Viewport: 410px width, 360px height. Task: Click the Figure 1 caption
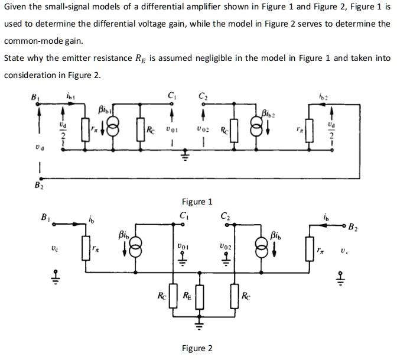point(198,202)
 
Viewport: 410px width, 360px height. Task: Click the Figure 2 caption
point(198,348)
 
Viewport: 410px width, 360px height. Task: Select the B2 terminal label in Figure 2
point(353,226)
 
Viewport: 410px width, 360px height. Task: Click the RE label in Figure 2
point(187,296)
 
